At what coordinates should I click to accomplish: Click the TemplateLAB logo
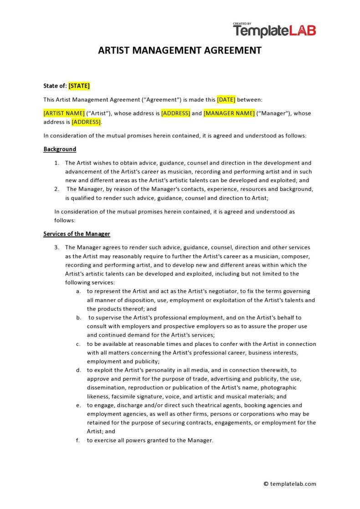point(274,31)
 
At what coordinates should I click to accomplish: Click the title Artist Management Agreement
point(180,50)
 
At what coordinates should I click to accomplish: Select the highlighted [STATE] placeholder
point(79,86)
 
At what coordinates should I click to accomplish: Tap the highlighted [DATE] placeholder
point(226,99)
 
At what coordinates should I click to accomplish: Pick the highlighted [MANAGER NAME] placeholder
point(229,113)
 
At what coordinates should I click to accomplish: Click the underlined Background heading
point(60,149)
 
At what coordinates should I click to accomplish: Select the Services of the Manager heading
point(77,234)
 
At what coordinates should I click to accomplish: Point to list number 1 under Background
point(57,163)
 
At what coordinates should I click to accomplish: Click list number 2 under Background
point(57,189)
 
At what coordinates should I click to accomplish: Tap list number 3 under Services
point(57,247)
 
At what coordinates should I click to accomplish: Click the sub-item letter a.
point(79,291)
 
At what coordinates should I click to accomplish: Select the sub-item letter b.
point(79,318)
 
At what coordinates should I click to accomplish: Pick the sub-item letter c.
point(79,344)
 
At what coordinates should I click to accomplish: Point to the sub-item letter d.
point(79,370)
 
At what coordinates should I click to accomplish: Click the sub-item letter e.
point(79,405)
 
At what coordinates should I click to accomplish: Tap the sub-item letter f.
point(79,440)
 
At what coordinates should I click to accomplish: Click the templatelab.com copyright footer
point(290,484)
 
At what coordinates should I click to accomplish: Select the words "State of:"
point(55,86)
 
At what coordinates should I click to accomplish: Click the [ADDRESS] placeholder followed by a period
point(86,122)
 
